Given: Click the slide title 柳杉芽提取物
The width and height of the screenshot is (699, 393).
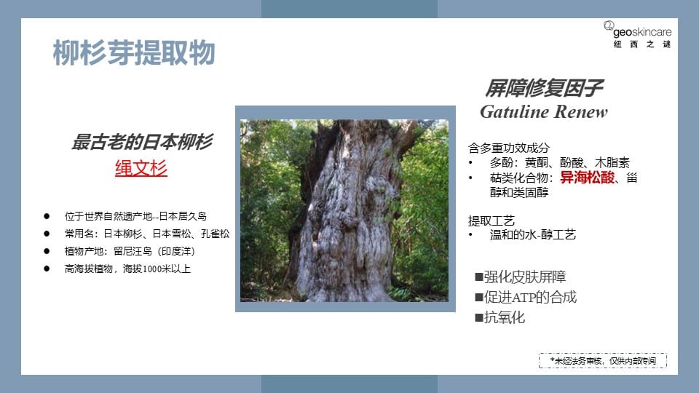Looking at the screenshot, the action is click(x=134, y=52).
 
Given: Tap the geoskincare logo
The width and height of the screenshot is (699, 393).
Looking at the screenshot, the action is click(x=638, y=34).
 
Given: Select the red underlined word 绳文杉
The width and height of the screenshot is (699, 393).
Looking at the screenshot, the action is click(x=141, y=168).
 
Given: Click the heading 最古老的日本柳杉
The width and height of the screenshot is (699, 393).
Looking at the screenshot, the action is click(x=142, y=142).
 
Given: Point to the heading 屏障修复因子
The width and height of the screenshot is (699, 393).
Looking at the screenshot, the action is click(x=544, y=88).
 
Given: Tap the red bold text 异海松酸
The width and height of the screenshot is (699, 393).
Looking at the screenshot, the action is click(x=587, y=178).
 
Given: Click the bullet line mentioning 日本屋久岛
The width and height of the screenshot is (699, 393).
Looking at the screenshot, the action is click(x=135, y=216).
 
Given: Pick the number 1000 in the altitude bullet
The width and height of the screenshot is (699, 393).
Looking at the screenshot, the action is click(x=152, y=269).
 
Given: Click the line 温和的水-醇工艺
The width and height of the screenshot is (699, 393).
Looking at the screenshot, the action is click(x=533, y=234).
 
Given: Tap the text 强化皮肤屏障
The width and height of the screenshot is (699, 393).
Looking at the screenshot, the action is click(x=525, y=277).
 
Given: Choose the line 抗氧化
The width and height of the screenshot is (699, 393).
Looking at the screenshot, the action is click(x=504, y=317).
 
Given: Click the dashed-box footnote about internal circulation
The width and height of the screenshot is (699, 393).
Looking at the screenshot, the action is click(x=603, y=360).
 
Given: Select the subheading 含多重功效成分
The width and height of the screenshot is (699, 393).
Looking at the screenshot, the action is click(x=509, y=148).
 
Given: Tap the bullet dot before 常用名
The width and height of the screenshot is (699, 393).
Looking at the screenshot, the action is click(x=47, y=234).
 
